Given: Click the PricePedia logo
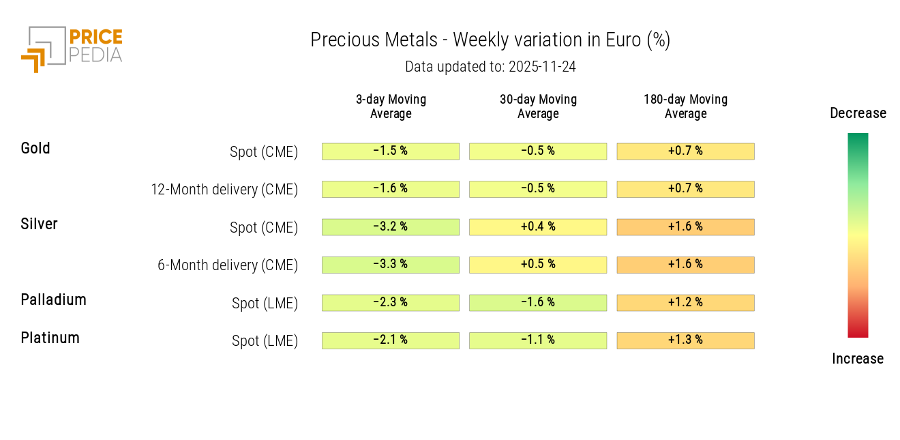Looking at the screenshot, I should tap(72, 48).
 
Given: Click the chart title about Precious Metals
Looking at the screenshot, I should tap(490, 40).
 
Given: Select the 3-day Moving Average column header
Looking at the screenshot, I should tap(391, 106).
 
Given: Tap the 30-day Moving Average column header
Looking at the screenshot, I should tap(538, 106).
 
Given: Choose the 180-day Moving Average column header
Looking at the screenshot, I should tap(685, 106).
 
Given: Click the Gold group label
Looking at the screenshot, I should tap(35, 148).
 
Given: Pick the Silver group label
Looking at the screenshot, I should tap(39, 224).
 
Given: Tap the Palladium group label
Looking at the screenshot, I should tap(53, 299).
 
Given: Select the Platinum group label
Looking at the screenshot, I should tap(50, 338).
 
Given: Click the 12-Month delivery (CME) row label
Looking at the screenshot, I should tap(224, 190).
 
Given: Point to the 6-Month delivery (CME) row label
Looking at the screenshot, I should tap(228, 265).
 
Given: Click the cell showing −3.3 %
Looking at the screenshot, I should tap(391, 265).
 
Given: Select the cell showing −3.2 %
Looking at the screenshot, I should tap(391, 226).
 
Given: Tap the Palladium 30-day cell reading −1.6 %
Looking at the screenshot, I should tap(538, 302).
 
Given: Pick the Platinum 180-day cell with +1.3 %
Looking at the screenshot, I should tap(685, 340).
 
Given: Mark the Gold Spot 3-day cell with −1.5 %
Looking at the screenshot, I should tap(391, 151).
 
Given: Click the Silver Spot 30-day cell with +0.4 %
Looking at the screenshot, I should tap(538, 226).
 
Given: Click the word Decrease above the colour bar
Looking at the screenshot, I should tap(858, 113).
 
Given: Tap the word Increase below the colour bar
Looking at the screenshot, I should tap(858, 359).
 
